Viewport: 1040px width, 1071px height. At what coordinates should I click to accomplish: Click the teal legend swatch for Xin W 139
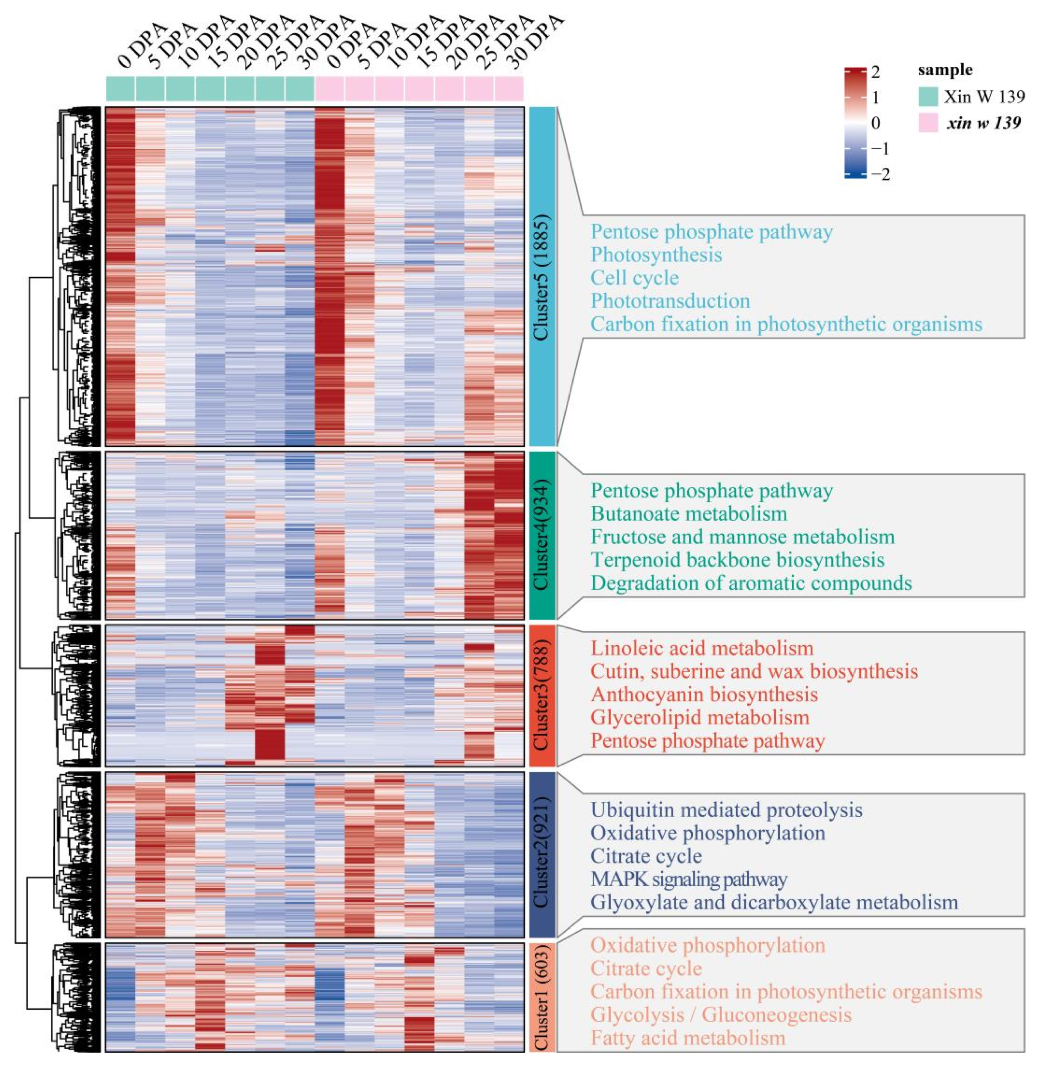coord(928,96)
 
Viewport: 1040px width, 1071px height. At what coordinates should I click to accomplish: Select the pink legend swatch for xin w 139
coord(928,122)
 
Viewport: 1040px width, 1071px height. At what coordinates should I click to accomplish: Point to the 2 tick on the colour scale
coord(875,71)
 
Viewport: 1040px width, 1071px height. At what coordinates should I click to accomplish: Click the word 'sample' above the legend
coord(945,70)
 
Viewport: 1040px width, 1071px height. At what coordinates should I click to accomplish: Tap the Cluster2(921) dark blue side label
coord(541,854)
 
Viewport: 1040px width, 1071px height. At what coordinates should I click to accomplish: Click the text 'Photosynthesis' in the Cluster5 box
coord(656,255)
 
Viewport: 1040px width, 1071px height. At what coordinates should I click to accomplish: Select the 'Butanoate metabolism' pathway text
coord(689,513)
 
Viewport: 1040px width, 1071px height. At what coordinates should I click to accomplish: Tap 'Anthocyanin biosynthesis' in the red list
coord(704,694)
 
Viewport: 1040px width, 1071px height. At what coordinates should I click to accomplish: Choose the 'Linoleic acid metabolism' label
coord(702,649)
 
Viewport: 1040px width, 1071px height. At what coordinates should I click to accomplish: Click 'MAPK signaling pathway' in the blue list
coord(688,879)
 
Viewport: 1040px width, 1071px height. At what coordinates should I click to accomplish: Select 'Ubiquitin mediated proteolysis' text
coord(726,810)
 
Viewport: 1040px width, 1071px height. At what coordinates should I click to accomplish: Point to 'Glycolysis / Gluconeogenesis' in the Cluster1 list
coord(720,1015)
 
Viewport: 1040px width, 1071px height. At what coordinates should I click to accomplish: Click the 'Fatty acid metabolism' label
coord(687,1038)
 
